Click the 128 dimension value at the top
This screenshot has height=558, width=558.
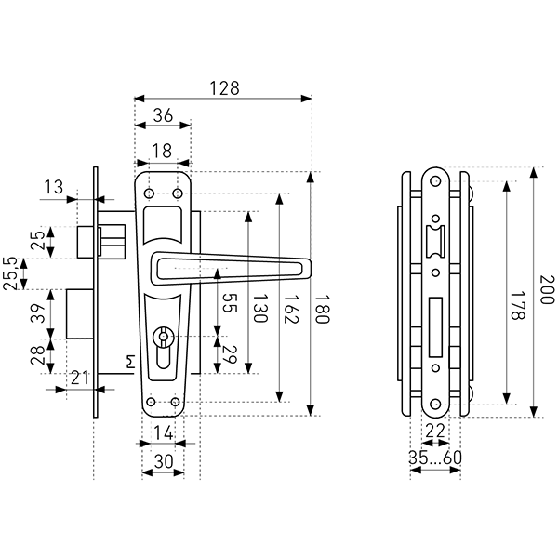pos(224,88)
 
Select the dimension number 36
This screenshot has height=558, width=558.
pos(163,115)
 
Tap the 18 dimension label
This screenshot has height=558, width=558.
pos(162,151)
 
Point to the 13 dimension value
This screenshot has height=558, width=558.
pos(53,187)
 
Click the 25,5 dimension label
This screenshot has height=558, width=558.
pos(10,273)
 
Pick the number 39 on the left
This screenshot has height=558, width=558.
pos(38,313)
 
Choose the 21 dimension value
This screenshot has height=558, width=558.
pos(79,378)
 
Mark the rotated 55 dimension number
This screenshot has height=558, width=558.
pos(229,303)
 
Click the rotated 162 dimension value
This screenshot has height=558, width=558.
pos(291,309)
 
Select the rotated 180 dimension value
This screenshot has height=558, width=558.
pos(322,309)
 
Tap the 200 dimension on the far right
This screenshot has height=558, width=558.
pos(547,289)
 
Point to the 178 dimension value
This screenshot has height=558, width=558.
pos(517,306)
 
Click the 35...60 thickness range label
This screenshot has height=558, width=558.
pos(435,458)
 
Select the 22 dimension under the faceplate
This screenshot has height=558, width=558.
pos(435,431)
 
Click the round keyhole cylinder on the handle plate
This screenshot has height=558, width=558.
pos(163,337)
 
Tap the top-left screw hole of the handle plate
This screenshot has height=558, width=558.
pos(149,193)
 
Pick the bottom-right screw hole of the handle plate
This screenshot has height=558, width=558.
pos(175,402)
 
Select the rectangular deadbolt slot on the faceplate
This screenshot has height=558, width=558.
pos(435,327)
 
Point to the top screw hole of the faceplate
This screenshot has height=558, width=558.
pos(435,181)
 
